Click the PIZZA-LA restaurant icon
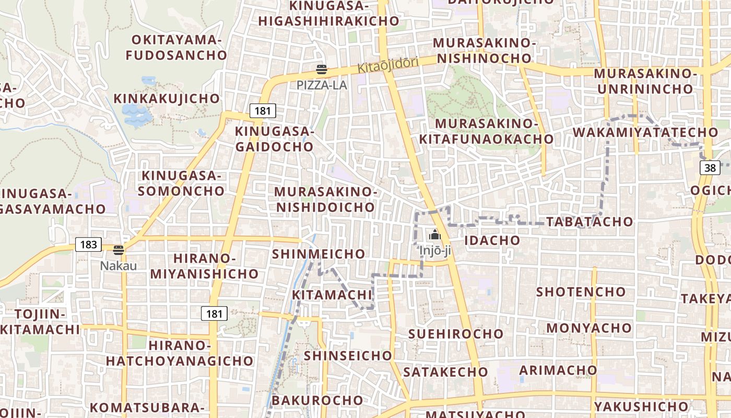(322, 69)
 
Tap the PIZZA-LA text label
(322, 85)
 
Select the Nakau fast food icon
(119, 250)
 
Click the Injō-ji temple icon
(435, 236)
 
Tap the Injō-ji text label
(435, 251)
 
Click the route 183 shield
(88, 244)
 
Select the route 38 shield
(710, 168)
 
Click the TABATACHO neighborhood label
(589, 222)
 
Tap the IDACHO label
(492, 240)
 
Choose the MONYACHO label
(589, 328)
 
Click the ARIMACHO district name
(558, 370)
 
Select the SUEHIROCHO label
(456, 333)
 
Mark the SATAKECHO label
(445, 372)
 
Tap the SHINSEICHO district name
(348, 355)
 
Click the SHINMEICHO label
(319, 254)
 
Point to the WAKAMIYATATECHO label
(645, 132)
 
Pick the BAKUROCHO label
(317, 400)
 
